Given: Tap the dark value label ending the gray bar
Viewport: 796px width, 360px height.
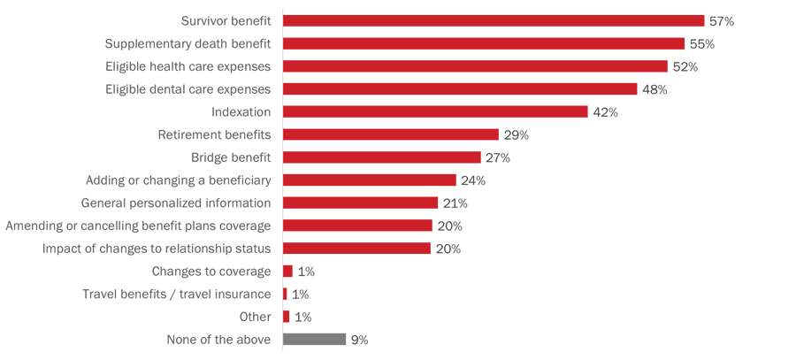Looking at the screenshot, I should click(358, 340).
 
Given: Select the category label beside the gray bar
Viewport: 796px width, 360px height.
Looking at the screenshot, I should click(217, 340).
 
